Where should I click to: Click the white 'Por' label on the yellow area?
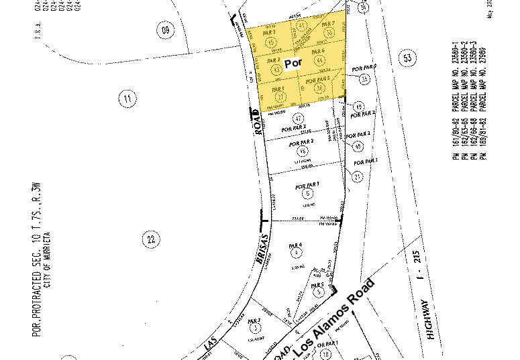[294, 64]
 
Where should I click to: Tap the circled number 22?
[151, 238]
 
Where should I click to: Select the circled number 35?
[364, 79]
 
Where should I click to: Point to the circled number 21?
[358, 176]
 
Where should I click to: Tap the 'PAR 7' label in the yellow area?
[327, 25]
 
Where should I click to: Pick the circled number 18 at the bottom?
[325, 353]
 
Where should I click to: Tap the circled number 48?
[358, 145]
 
